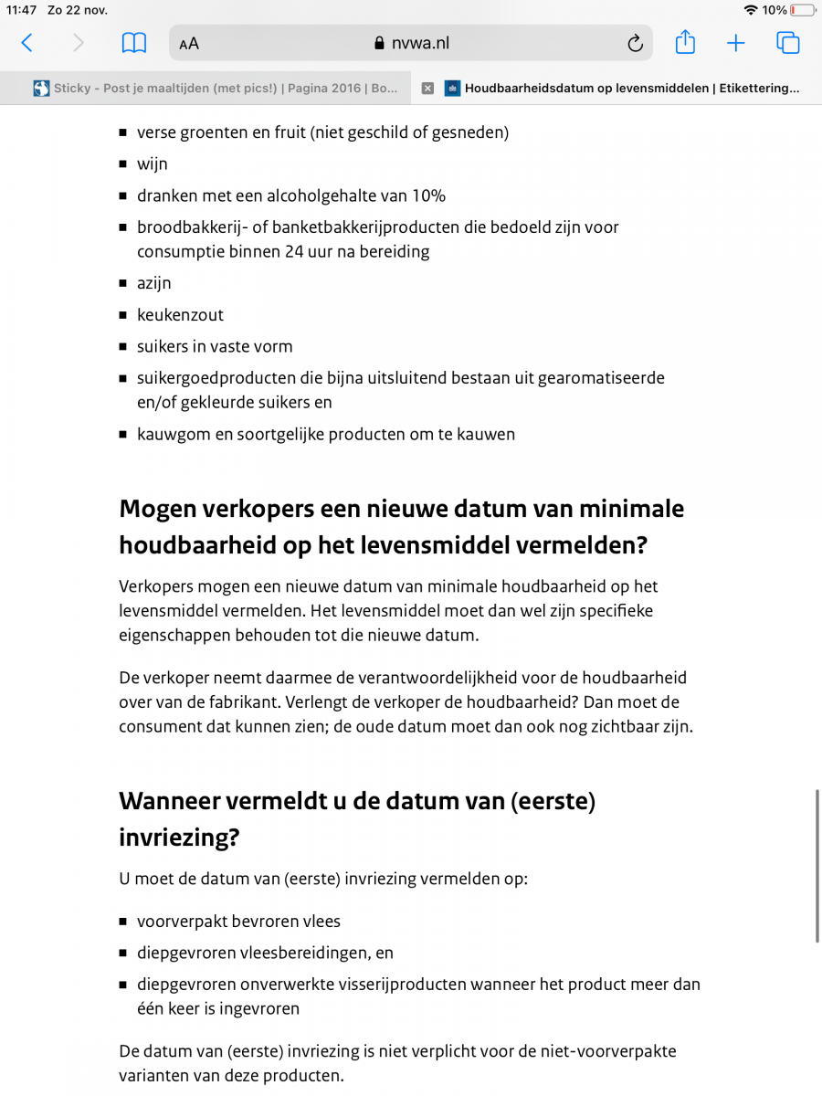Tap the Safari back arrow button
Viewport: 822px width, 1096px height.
[x=26, y=43]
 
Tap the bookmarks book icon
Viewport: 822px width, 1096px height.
[x=134, y=43]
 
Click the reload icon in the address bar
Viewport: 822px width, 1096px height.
[x=635, y=43]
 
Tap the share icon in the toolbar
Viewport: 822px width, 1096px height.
[x=685, y=42]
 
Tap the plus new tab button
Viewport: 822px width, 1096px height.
[x=736, y=43]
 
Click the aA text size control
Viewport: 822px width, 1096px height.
[x=189, y=44]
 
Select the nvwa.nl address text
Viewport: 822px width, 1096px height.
[x=420, y=43]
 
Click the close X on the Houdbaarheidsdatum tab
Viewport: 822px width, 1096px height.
[x=427, y=89]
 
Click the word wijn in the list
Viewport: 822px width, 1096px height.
[x=153, y=164]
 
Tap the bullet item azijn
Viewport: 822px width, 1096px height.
[x=154, y=283]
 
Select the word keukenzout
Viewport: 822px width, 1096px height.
[x=180, y=315]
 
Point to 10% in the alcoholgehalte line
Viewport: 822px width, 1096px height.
[x=427, y=195]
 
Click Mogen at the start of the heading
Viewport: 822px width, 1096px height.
[x=157, y=508]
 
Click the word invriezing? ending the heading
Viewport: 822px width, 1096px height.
[x=179, y=838]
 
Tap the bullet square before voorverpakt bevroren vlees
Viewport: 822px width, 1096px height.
[x=123, y=922]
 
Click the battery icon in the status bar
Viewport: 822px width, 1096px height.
[x=802, y=10]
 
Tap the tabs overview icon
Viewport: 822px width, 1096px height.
[x=787, y=43]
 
